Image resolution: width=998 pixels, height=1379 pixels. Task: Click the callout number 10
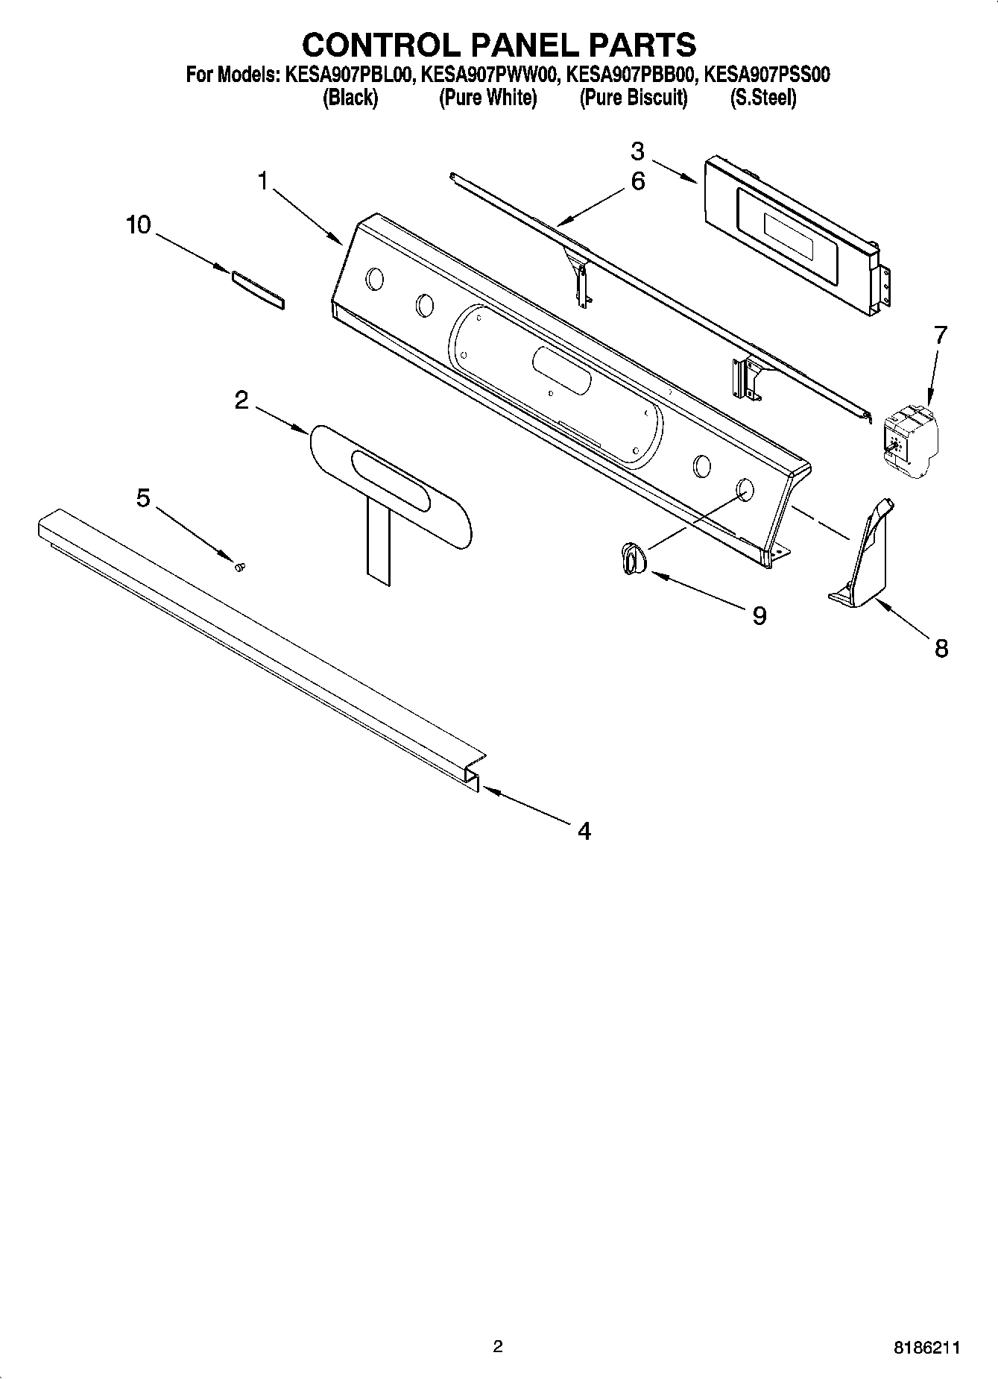click(x=139, y=224)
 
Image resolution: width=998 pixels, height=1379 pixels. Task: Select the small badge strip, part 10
click(x=258, y=290)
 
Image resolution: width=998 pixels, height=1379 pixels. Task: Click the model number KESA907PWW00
click(x=488, y=75)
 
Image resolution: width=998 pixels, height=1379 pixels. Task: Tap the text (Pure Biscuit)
click(x=633, y=98)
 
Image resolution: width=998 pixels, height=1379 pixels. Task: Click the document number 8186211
click(x=927, y=1348)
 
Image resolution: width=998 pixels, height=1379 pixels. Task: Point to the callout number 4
click(x=584, y=830)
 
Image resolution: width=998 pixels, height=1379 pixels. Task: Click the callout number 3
click(x=637, y=151)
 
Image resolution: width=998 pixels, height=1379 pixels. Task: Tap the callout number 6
click(x=638, y=180)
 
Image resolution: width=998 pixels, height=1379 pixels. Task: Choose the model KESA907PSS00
click(x=767, y=75)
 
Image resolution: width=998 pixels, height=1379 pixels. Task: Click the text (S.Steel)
click(x=762, y=98)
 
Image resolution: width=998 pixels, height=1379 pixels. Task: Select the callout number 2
click(x=241, y=400)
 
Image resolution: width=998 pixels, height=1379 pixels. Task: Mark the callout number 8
click(x=941, y=648)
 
